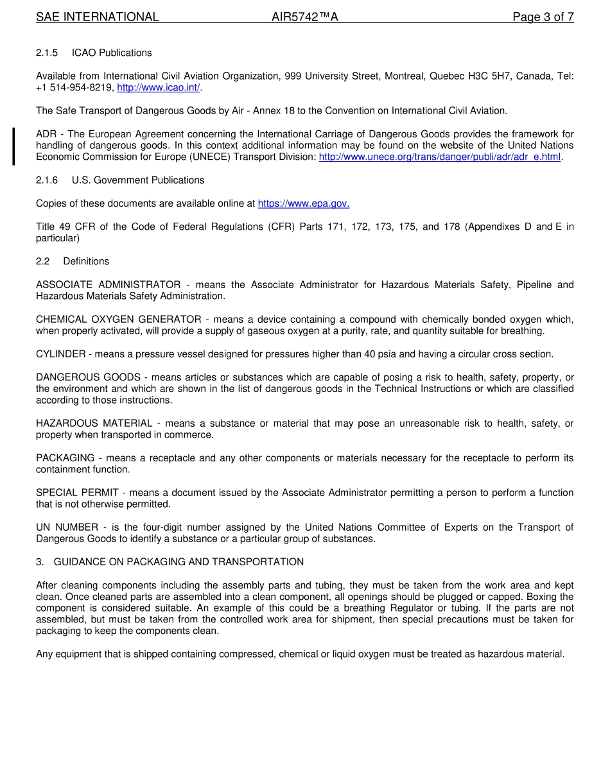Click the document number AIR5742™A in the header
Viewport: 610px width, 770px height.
(304, 17)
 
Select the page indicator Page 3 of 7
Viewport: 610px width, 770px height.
(543, 17)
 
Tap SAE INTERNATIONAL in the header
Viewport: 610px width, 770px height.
(97, 17)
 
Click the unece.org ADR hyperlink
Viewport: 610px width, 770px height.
(439, 157)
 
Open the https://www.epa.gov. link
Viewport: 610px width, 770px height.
(303, 204)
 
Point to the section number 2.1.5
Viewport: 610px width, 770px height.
(47, 53)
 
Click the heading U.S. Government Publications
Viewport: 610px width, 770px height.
(138, 180)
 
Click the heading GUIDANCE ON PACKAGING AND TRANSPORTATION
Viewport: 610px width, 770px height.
(179, 562)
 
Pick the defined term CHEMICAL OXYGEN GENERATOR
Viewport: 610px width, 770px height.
(118, 320)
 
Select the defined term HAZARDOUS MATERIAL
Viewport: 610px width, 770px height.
(94, 424)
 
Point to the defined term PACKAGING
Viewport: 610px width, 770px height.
(65, 458)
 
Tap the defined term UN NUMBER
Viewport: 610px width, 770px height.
(67, 527)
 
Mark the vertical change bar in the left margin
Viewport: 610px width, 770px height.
(13, 146)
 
